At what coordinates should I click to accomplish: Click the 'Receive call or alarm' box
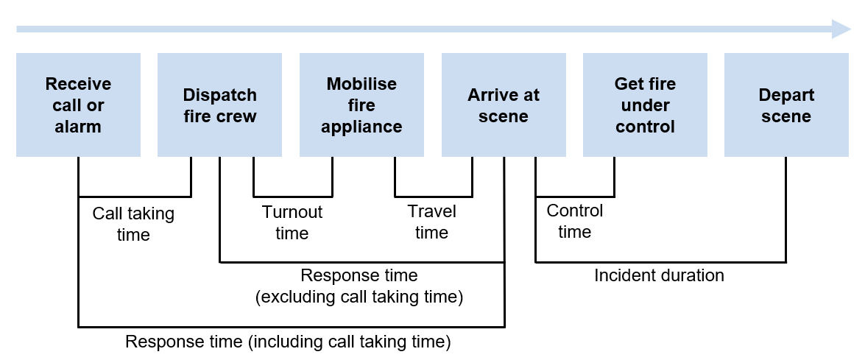click(x=78, y=105)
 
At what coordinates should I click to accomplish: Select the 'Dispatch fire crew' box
click(x=219, y=105)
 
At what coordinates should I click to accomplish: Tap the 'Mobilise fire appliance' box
click(x=361, y=105)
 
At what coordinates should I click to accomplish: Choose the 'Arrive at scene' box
click(x=504, y=105)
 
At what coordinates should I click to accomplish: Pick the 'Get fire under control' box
click(x=645, y=105)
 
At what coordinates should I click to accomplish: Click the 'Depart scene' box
click(x=786, y=105)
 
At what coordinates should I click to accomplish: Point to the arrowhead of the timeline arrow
click(x=841, y=29)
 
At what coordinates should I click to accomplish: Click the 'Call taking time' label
click(x=133, y=224)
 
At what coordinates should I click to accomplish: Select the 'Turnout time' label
click(x=292, y=222)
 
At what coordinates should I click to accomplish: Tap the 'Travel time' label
click(x=432, y=222)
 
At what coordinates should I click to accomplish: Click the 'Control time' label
click(x=574, y=221)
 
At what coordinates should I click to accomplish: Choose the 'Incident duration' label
click(x=659, y=275)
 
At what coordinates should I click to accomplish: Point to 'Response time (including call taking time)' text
click(x=288, y=342)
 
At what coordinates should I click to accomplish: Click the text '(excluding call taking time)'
click(x=359, y=297)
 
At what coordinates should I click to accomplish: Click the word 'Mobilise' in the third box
click(x=361, y=84)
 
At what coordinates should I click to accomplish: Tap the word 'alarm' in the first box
click(x=78, y=126)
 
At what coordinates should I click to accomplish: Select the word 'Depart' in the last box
click(x=786, y=95)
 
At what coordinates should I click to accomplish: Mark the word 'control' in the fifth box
click(x=645, y=126)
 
